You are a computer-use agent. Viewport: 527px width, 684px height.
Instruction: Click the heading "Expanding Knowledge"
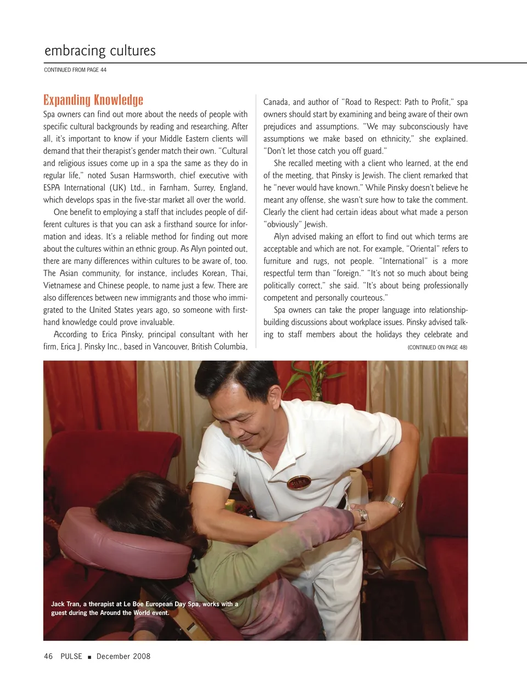93,100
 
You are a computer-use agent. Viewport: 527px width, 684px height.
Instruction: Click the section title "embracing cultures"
100,51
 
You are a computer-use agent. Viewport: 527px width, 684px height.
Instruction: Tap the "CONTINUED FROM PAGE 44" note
75,70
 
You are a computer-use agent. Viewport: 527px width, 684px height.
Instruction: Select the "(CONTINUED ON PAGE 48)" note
438,347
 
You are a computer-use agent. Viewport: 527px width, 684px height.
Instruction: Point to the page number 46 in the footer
48,656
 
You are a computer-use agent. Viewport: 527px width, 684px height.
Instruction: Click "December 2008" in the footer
124,656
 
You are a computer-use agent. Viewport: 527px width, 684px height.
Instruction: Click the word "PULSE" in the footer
71,656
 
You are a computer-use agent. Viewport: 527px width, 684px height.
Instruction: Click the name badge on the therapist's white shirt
300,483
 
